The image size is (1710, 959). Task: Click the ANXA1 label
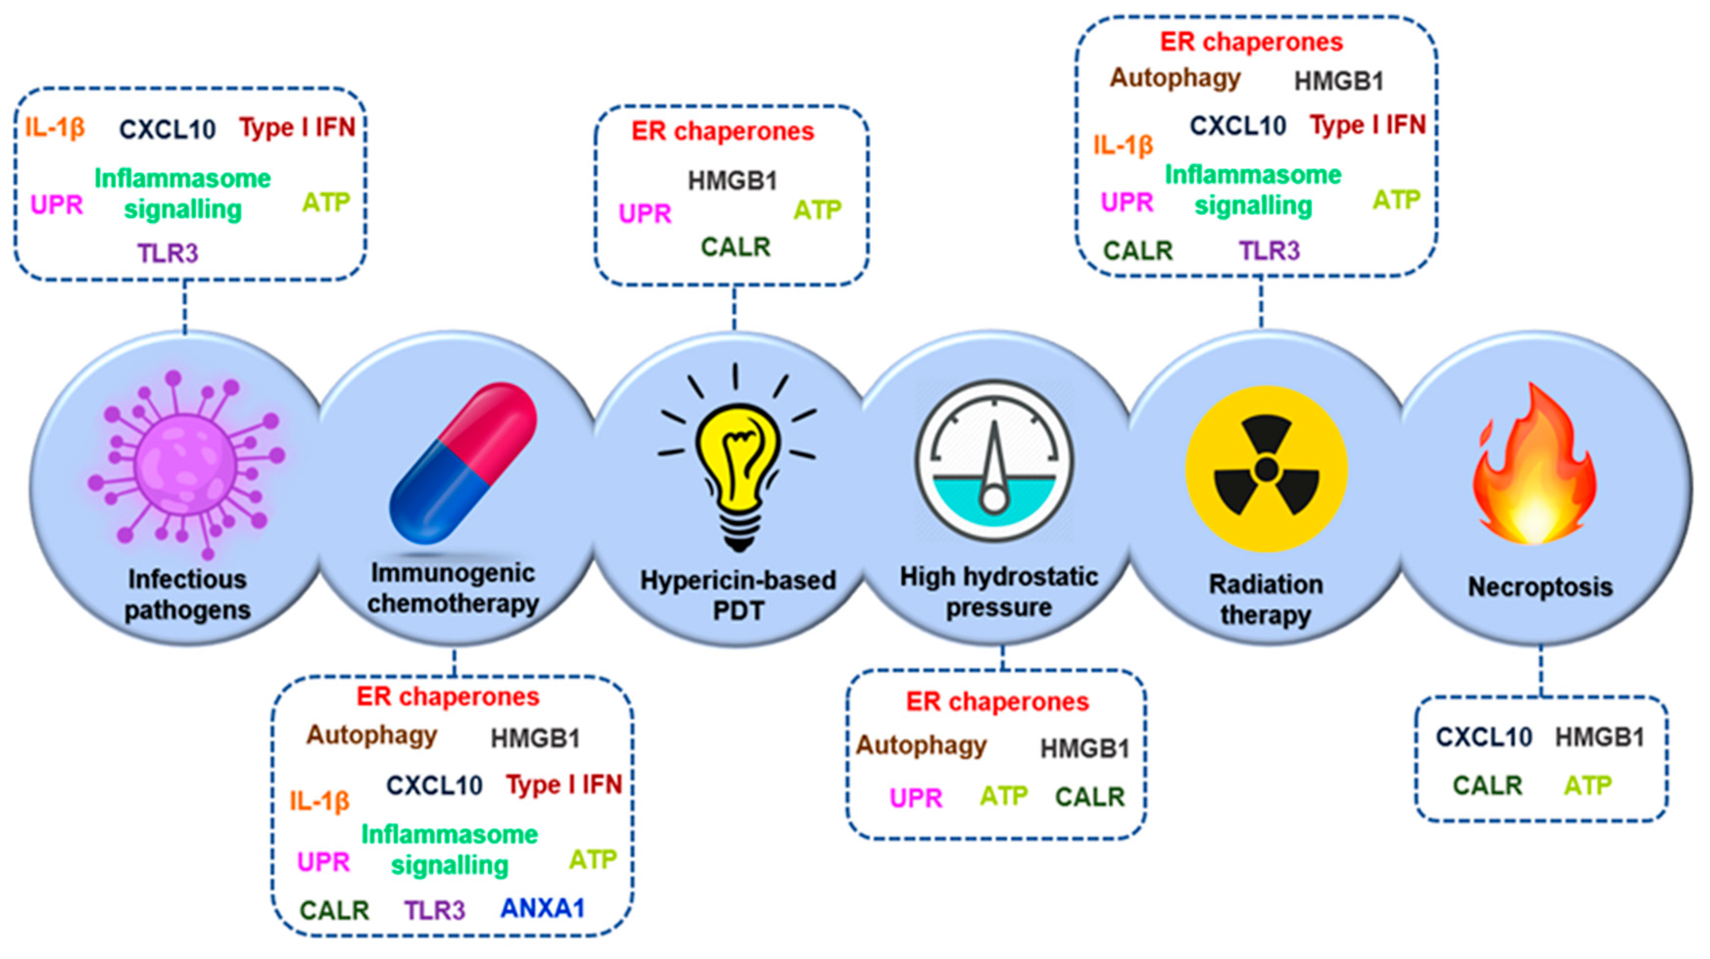(542, 908)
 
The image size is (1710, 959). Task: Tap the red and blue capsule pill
(463, 463)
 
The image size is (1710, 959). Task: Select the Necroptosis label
(1540, 587)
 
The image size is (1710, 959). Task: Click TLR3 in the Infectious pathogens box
(168, 253)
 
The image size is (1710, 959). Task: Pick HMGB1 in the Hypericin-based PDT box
(732, 181)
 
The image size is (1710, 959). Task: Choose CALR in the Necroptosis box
(1487, 786)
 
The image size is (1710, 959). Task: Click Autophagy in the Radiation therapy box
(1175, 78)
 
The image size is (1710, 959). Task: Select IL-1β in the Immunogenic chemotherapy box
(319, 801)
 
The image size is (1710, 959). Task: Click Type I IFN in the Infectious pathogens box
(297, 127)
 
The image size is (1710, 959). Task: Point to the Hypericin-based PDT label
(738, 595)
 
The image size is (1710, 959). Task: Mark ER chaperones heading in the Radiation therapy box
(1252, 42)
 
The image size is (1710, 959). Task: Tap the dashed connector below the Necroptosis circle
(1541, 671)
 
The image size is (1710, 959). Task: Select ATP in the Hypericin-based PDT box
(817, 211)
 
